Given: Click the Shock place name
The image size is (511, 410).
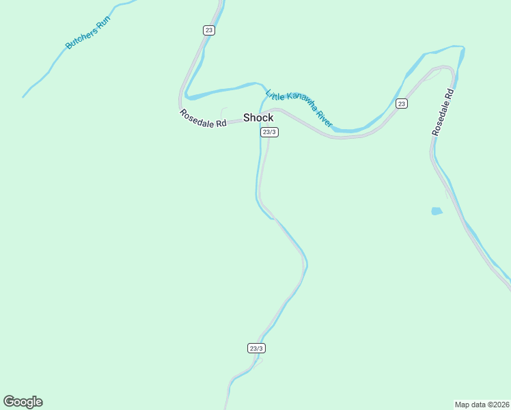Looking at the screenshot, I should [258, 118].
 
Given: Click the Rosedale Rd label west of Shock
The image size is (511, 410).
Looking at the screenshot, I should [203, 118].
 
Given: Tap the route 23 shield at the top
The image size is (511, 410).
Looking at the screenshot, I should [209, 30].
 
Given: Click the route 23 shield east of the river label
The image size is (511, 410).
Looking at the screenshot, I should [401, 104].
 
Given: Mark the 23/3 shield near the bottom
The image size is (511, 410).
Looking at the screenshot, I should [255, 348].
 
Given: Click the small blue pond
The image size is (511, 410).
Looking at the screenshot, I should [437, 211].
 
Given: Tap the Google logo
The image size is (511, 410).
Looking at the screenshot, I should [23, 402].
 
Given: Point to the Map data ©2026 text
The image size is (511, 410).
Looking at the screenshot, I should [482, 404].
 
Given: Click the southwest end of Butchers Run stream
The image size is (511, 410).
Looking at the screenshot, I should [24, 96].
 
